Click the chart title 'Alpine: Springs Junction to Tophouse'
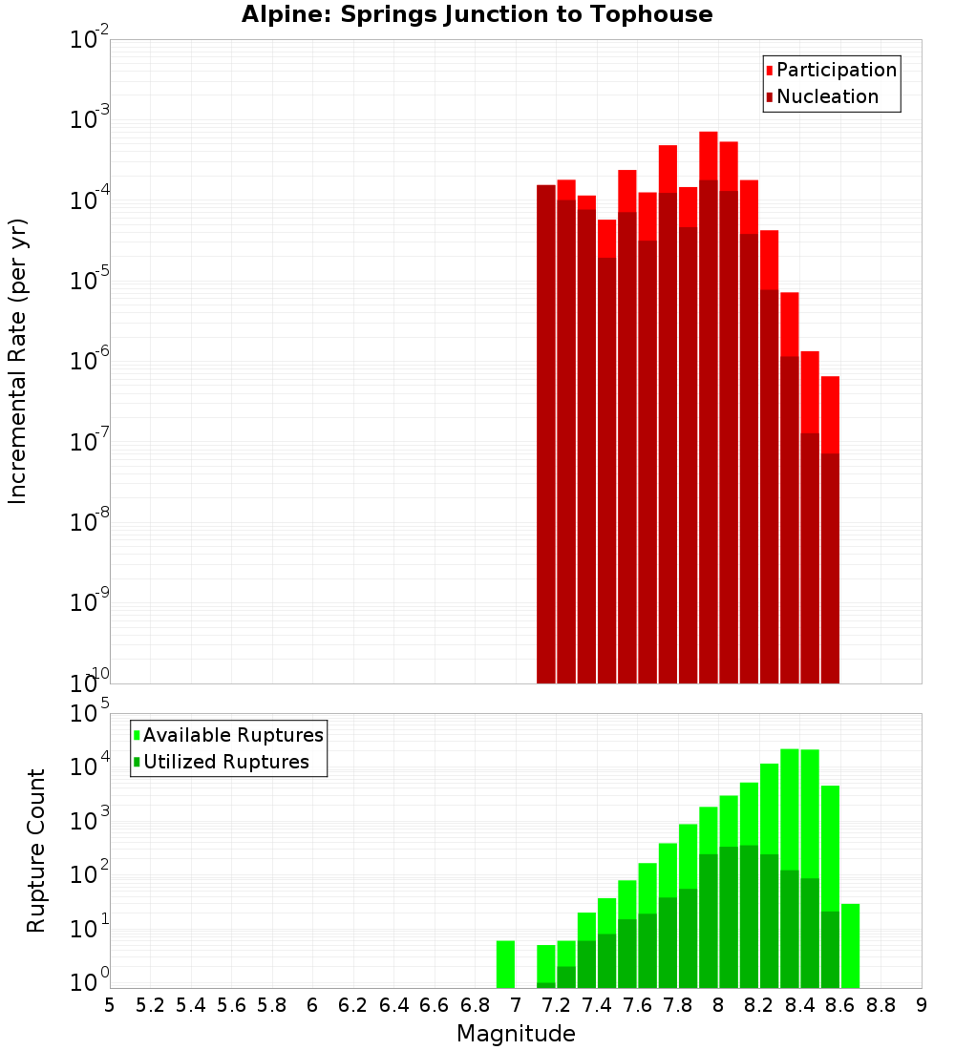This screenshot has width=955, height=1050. (x=477, y=14)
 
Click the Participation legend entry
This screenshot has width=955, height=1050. (x=836, y=70)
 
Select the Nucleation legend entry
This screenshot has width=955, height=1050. (x=826, y=96)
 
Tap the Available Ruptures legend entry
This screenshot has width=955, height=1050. (x=232, y=735)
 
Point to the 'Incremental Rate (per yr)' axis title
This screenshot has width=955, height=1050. (x=18, y=361)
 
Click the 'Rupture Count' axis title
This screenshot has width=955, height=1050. (x=36, y=850)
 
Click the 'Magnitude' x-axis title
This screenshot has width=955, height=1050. (x=516, y=1034)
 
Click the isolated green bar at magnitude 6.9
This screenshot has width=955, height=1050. (x=505, y=964)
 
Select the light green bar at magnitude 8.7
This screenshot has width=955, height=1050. (x=850, y=945)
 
